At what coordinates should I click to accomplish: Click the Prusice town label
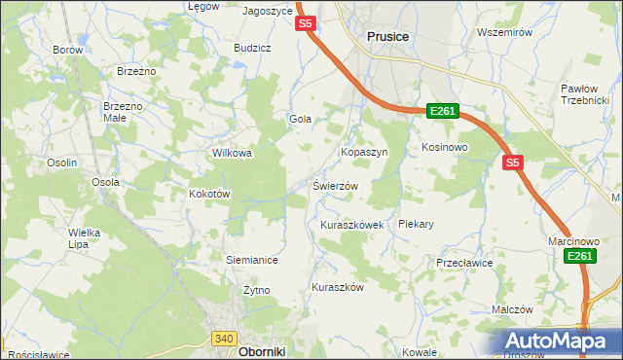387,36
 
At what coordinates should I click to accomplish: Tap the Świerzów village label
336,186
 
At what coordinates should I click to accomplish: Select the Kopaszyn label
363,153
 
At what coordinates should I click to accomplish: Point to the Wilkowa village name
233,153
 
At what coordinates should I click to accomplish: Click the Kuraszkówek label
351,224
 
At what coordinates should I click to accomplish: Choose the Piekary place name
416,224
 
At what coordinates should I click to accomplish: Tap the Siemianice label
252,260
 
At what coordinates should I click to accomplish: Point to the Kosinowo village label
445,147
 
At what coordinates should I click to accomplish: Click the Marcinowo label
571,240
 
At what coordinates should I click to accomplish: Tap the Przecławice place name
465,263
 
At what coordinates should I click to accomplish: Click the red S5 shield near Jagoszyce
306,23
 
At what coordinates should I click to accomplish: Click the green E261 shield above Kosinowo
442,112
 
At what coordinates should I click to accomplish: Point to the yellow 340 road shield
223,338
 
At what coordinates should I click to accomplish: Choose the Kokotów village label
208,194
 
